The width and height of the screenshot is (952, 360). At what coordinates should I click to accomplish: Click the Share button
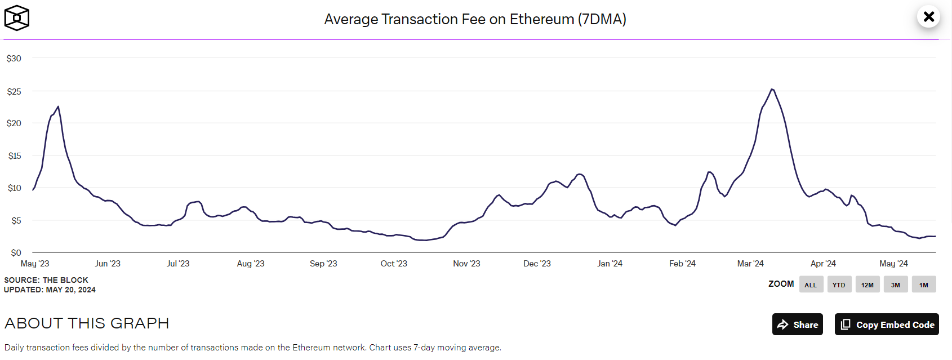[797, 325]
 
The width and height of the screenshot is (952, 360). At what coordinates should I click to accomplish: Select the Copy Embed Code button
[887, 325]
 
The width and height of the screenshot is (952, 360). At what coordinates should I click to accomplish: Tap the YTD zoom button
[839, 285]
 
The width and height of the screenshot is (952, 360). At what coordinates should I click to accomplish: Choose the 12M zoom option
[867, 285]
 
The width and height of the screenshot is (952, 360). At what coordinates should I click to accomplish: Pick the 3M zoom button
[895, 285]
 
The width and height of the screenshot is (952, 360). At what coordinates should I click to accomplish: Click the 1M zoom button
[924, 285]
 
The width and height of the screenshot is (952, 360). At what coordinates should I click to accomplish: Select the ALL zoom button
[811, 285]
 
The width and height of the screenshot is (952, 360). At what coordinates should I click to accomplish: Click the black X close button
[928, 17]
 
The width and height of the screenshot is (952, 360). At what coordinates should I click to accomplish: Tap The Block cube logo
[17, 18]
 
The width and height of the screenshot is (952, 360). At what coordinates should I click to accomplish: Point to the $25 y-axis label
[14, 91]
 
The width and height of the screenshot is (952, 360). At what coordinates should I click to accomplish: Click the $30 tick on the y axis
[14, 59]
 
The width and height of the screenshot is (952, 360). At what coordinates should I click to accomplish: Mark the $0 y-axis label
[16, 253]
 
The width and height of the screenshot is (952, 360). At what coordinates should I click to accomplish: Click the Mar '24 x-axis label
[750, 264]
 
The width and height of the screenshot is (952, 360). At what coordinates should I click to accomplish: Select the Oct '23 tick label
[394, 264]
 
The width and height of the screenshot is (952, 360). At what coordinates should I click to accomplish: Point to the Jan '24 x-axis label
[610, 264]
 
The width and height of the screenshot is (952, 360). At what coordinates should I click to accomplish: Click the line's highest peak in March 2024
[772, 89]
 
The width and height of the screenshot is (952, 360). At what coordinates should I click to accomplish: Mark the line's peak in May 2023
[58, 106]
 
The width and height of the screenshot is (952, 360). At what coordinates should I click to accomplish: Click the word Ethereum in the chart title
[541, 19]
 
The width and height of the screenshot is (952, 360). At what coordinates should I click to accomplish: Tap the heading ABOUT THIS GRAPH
[87, 323]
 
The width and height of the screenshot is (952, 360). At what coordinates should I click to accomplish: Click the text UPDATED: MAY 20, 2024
[50, 290]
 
